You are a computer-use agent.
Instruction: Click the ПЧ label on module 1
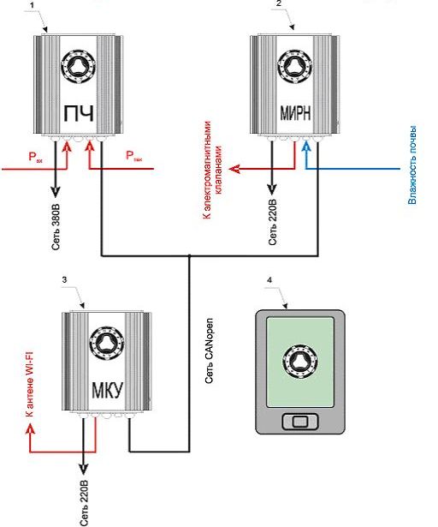coord(79,114)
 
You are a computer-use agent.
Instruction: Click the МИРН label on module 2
coord(295,113)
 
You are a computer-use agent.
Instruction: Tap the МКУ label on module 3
coord(108,390)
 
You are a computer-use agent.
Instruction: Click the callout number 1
coord(33,5)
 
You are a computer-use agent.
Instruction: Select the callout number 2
coord(278,3)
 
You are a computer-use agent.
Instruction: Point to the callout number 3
coord(64,279)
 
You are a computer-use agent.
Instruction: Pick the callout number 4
coord(269,280)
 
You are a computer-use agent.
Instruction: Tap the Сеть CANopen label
coord(209,350)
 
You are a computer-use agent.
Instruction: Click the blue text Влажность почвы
coord(412,165)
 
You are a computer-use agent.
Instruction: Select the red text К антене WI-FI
coord(30,384)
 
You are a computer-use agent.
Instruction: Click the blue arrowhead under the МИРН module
coord(306,147)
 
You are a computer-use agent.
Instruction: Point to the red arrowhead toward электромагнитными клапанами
coord(234,169)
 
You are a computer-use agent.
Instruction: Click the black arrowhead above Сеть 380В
coord(56,192)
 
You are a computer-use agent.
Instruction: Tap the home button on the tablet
coord(299,422)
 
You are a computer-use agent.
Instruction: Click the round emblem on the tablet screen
coord(300,362)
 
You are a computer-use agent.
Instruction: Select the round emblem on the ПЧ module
coord(78,67)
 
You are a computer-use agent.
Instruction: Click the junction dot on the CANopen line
coord(189,256)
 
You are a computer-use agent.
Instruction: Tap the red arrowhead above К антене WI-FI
coord(31,428)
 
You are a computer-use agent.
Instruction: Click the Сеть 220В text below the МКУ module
coord(84,503)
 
